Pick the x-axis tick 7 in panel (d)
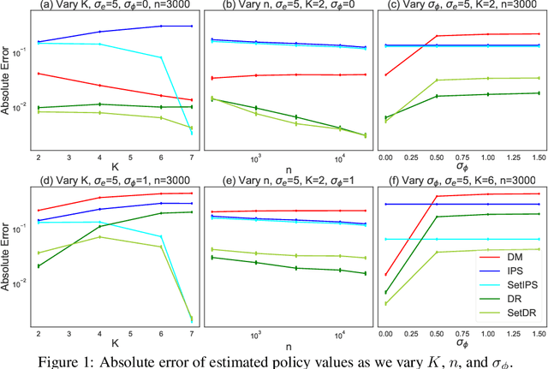[x=192, y=332]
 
